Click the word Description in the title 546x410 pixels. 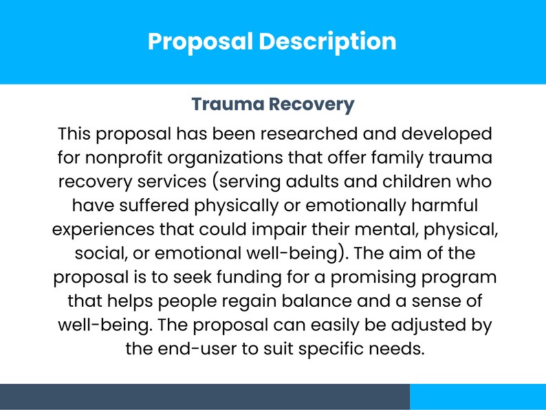click(x=327, y=41)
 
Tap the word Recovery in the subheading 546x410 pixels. click(x=312, y=105)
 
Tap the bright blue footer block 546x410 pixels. click(x=478, y=397)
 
